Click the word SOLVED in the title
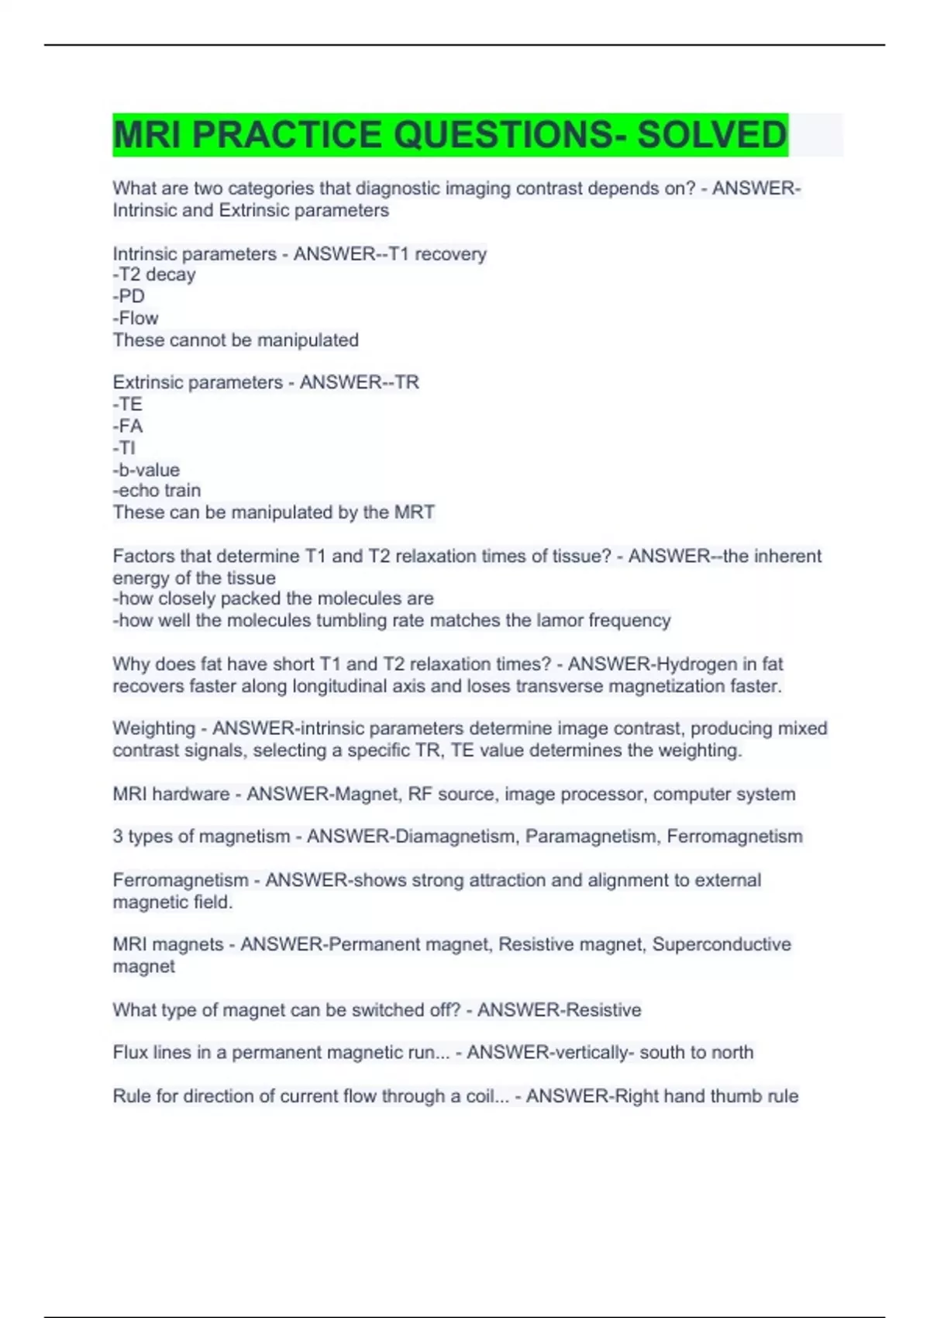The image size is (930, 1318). tap(711, 135)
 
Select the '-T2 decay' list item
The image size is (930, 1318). tap(154, 274)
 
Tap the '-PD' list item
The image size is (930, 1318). tap(129, 296)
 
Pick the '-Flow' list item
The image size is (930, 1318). tap(136, 318)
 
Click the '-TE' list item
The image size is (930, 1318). tap(128, 404)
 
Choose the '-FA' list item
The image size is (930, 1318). tap(128, 426)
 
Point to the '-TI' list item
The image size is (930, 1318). tap(125, 447)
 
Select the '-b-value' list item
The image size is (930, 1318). tap(146, 469)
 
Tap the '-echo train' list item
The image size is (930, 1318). tap(157, 490)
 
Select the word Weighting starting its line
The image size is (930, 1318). tap(153, 728)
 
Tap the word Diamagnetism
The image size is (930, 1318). tap(455, 836)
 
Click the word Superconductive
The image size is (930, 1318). tap(722, 944)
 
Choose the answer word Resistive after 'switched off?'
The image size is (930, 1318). tap(602, 1009)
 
